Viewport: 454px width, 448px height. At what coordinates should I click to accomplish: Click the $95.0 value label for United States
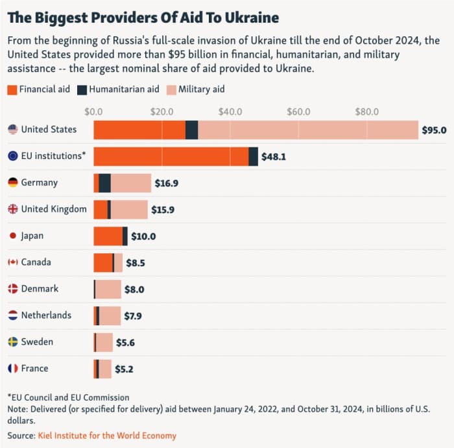434,130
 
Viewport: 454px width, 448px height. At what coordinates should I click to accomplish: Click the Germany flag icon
12,183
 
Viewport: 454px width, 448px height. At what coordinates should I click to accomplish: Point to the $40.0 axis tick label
230,112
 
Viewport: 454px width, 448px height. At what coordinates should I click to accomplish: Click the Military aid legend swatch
171,89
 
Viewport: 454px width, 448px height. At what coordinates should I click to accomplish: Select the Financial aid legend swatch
12,89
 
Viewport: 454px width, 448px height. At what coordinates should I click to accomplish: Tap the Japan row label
32,236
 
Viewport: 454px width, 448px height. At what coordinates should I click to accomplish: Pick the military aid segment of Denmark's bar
108,289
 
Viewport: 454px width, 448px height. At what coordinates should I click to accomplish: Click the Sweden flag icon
12,342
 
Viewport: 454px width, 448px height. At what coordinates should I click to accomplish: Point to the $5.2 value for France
125,369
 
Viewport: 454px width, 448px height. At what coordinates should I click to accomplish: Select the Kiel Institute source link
107,436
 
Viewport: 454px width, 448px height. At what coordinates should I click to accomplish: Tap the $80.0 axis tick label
367,112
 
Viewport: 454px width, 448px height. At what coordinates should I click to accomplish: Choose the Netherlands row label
46,316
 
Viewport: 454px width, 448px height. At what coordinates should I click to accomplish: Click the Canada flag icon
12,262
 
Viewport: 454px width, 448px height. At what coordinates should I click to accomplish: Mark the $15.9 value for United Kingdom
163,210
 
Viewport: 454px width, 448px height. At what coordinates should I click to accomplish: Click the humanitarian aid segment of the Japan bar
125,236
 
